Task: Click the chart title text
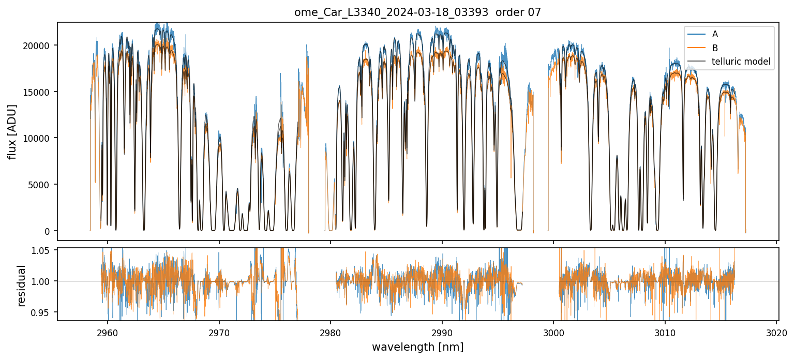(x=418, y=12)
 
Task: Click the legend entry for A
(x=715, y=34)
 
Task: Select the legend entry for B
(x=715, y=48)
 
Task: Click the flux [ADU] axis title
(x=12, y=131)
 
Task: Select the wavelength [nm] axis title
(x=417, y=347)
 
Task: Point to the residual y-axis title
(x=21, y=286)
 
